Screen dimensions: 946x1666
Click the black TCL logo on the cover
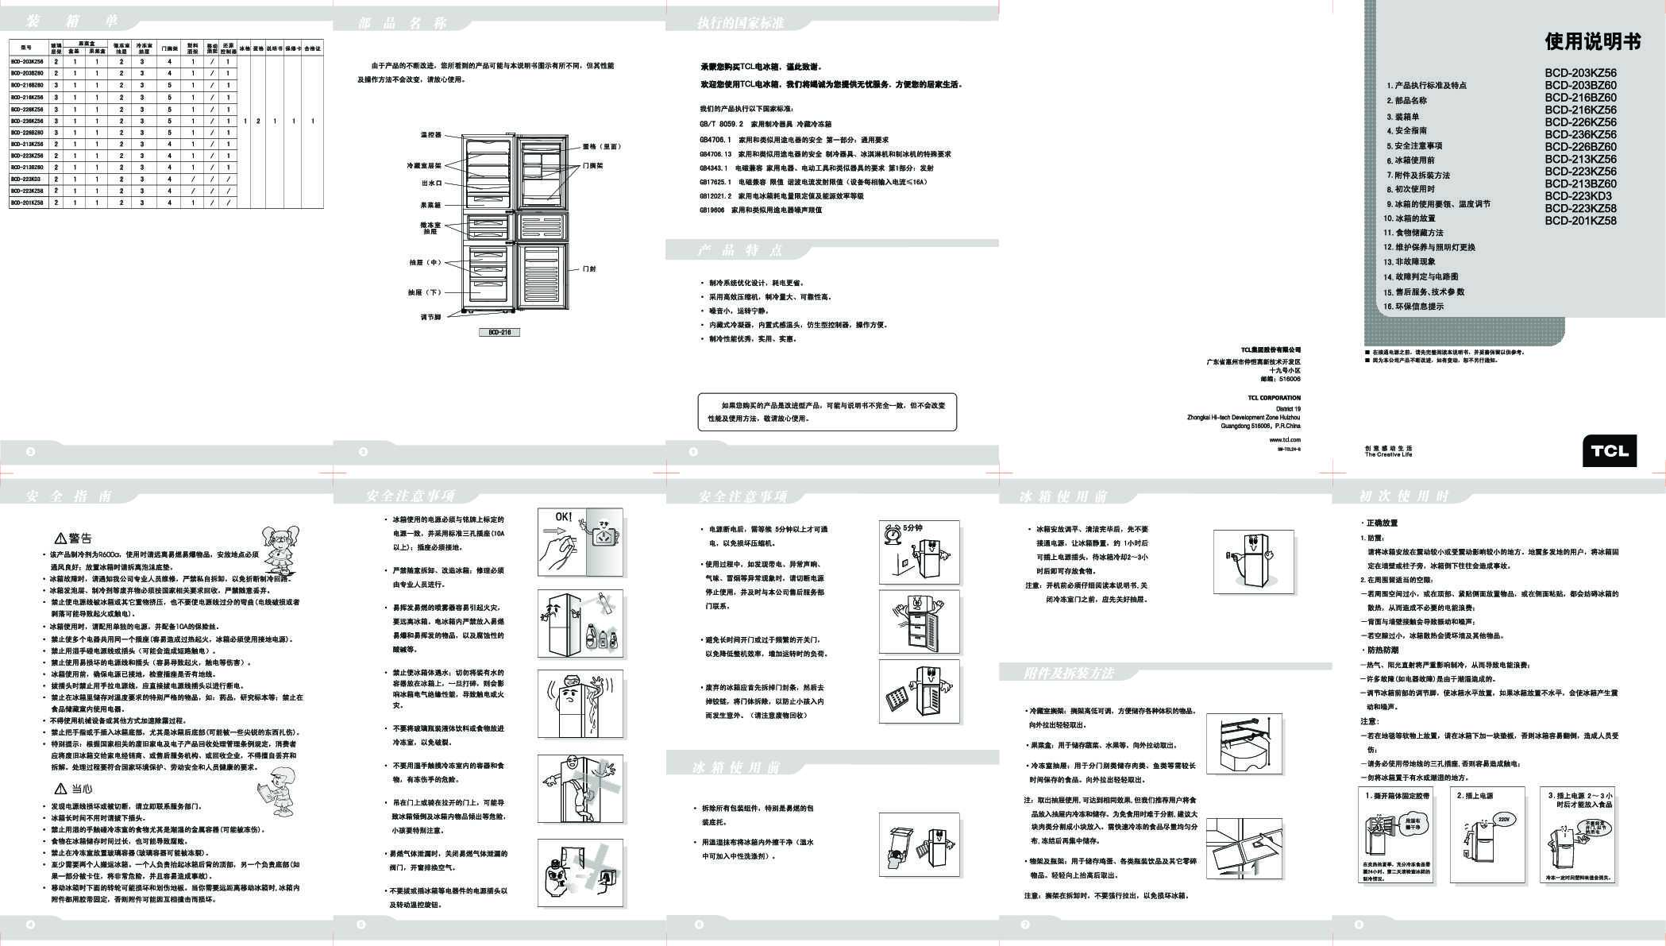[x=1609, y=450]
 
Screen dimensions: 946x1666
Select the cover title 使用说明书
[x=1592, y=42]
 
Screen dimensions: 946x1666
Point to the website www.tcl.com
[x=1284, y=439]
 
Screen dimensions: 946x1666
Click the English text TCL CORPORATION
[x=1274, y=398]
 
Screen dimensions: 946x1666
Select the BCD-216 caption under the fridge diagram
[x=499, y=332]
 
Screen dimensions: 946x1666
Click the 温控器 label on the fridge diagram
[x=431, y=135]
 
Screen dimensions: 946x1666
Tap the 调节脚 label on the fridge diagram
[x=430, y=317]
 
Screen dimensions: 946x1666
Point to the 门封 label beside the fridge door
[x=588, y=269]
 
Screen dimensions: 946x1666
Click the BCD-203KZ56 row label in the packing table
[x=27, y=61]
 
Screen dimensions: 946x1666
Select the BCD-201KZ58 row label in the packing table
[x=27, y=203]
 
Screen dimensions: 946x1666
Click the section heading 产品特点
[x=740, y=251]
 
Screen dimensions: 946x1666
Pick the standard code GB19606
[x=712, y=210]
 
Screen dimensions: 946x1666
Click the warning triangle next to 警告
[x=60, y=539]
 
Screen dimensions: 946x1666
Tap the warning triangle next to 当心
[x=60, y=789]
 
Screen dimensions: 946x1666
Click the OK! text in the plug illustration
[x=563, y=517]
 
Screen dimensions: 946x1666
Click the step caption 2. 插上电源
[x=1474, y=795]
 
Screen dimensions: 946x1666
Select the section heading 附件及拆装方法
[x=1069, y=674]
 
